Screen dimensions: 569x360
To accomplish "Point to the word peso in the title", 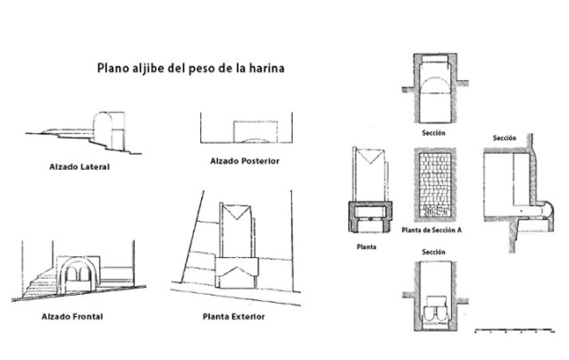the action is pyautogui.click(x=201, y=70).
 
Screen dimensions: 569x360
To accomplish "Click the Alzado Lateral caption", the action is pyautogui.click(x=79, y=167).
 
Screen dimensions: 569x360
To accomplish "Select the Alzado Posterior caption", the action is pyautogui.click(x=245, y=161).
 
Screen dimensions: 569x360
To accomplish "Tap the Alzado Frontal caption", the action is pyautogui.click(x=72, y=316).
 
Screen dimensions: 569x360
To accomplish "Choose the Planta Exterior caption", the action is pyautogui.click(x=234, y=316).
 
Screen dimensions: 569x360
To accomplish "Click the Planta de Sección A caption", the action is pyautogui.click(x=431, y=230).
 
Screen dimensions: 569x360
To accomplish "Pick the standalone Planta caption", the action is pyautogui.click(x=366, y=247).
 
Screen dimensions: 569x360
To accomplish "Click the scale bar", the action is pyautogui.click(x=515, y=331).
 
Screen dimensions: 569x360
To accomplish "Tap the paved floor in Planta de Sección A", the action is pyautogui.click(x=435, y=184).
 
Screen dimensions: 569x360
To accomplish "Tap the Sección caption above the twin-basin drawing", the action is pyautogui.click(x=433, y=252).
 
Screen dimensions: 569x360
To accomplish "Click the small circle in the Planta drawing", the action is pyautogui.click(x=370, y=219).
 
